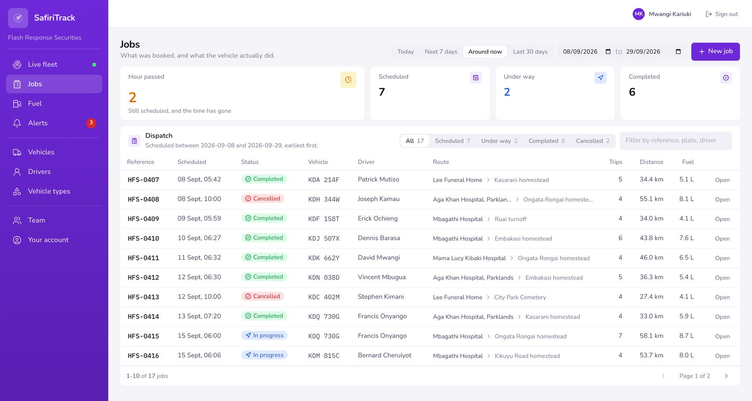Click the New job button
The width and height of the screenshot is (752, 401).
tap(715, 51)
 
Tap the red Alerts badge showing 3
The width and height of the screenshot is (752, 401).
tap(91, 123)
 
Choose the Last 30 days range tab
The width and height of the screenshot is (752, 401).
tap(530, 52)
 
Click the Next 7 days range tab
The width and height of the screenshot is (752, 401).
tap(441, 52)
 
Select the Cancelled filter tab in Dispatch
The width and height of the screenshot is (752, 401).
tap(593, 141)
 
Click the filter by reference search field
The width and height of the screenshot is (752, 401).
tap(675, 141)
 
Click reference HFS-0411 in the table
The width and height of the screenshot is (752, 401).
tap(143, 258)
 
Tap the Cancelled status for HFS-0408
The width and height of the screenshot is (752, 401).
tap(263, 198)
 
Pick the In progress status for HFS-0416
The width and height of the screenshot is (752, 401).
tap(264, 355)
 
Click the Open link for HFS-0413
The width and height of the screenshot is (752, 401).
tap(722, 297)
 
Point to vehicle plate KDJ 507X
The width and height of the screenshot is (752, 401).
tap(324, 238)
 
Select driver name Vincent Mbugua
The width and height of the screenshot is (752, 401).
tap(382, 277)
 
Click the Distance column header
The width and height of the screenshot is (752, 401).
tap(651, 162)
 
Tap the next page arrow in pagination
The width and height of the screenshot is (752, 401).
tap(726, 376)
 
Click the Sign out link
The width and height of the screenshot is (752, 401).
tap(722, 14)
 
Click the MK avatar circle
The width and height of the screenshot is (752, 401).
tap(639, 14)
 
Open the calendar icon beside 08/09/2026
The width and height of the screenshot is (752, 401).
tap(608, 52)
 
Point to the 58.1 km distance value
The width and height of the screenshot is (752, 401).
tap(651, 336)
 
